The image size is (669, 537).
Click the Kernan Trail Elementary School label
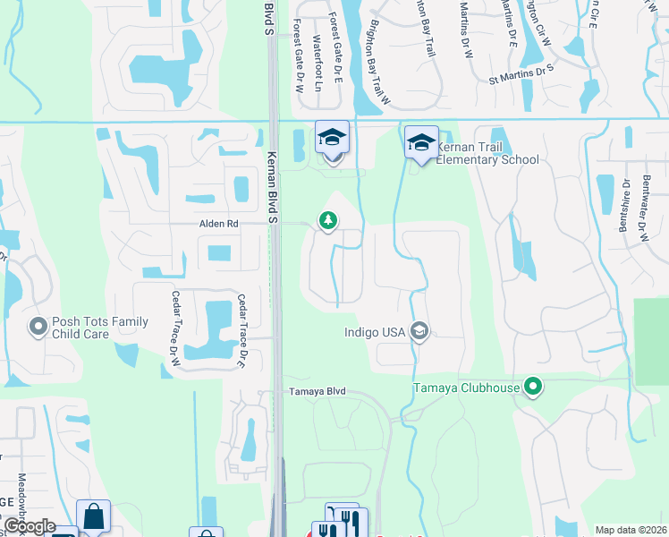click(487, 152)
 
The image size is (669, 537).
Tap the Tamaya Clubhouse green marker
click(533, 388)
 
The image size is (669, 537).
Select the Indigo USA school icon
click(419, 332)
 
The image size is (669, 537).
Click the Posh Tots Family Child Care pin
click(38, 328)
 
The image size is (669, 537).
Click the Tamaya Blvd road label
click(317, 392)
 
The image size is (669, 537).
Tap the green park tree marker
click(328, 220)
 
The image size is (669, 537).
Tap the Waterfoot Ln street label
click(318, 55)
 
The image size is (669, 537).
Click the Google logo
click(29, 526)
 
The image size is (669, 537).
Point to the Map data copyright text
click(631, 530)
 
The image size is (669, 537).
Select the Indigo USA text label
click(376, 332)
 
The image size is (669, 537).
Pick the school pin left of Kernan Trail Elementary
click(332, 138)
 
